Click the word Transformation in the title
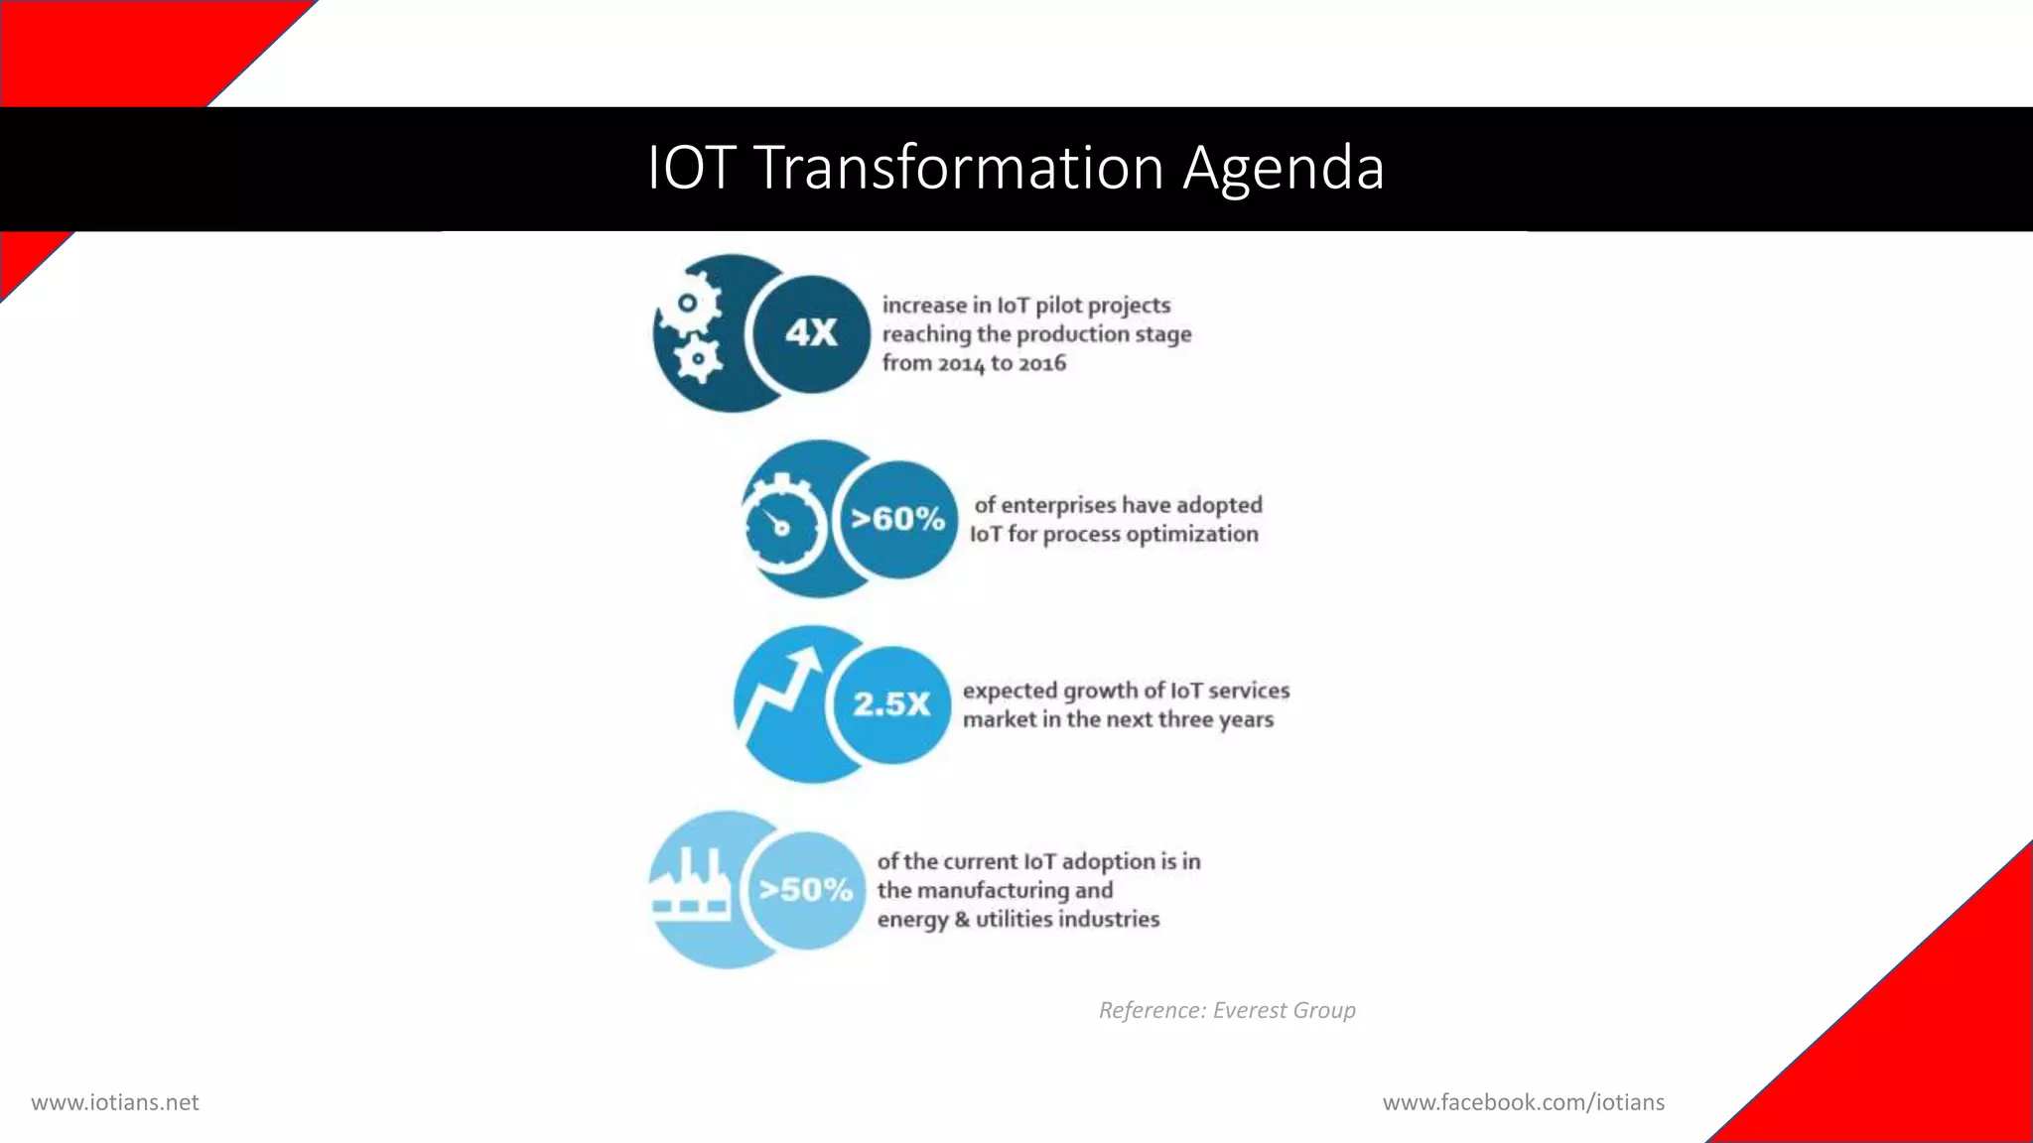[x=959, y=167]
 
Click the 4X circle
[x=811, y=333]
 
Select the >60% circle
[x=897, y=519]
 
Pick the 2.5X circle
[x=890, y=704]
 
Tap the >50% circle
[x=805, y=890]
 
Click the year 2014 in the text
[x=961, y=363]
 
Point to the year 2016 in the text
[x=1041, y=363]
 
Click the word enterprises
[x=1058, y=505]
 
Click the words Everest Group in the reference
[x=1284, y=1010]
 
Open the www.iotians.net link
[x=115, y=1102]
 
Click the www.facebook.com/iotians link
[x=1523, y=1102]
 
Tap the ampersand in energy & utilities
[x=961, y=920]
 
